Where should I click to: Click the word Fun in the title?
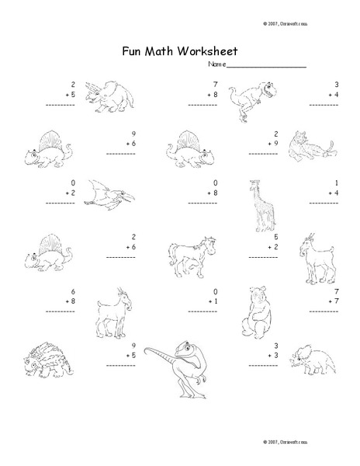pyautogui.click(x=133, y=51)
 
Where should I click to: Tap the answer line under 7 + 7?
pyautogui.click(x=327, y=310)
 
